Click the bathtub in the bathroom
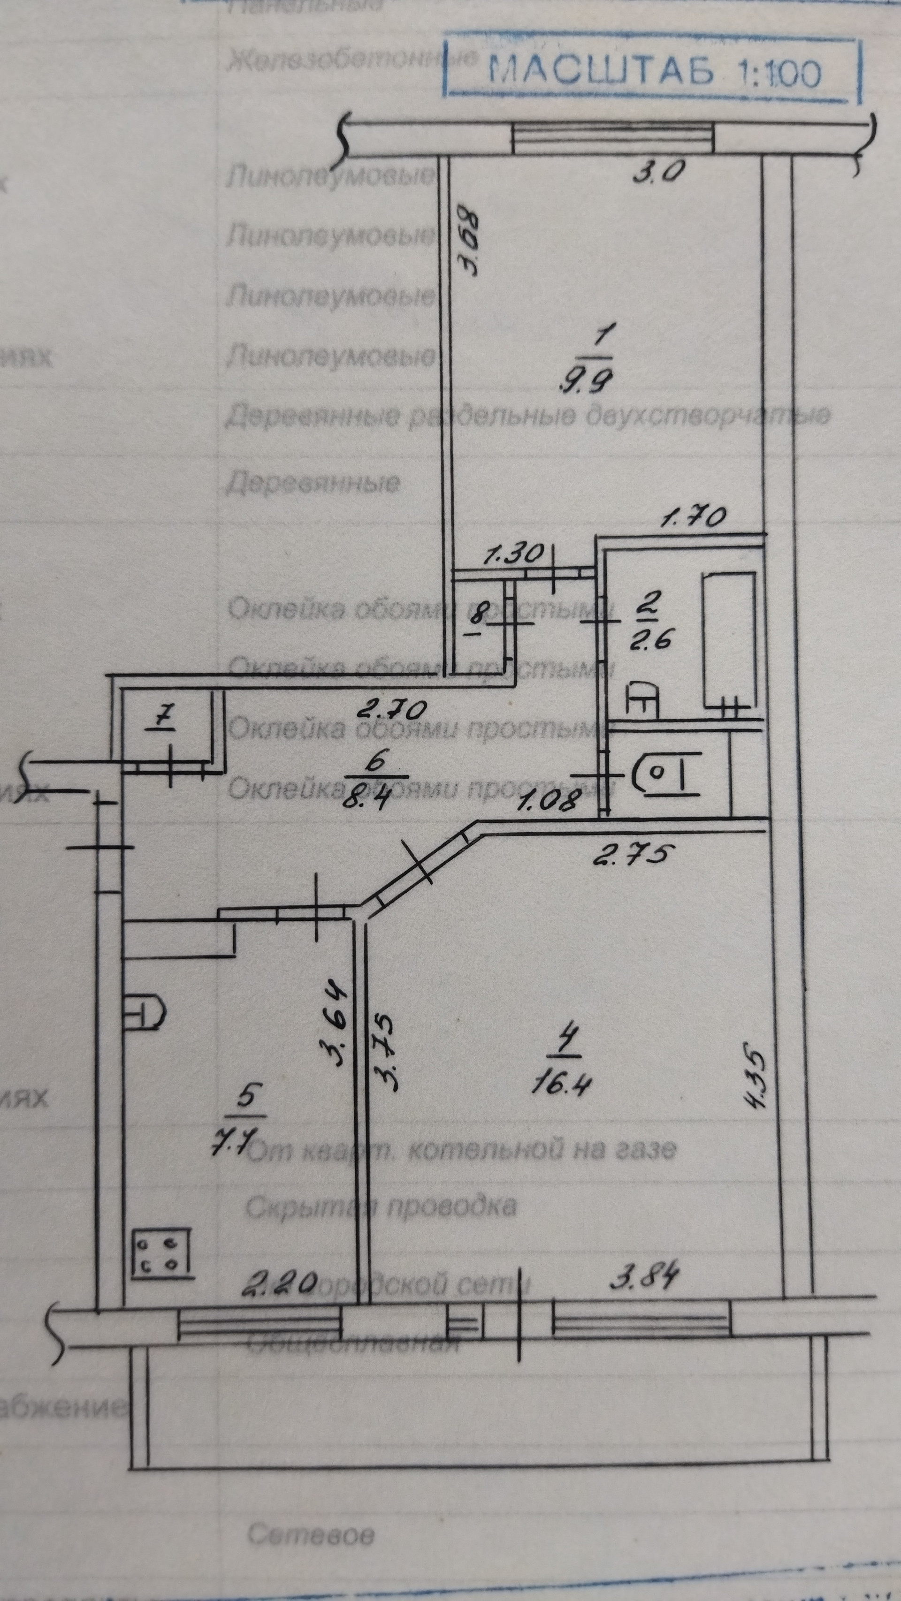(x=729, y=640)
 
